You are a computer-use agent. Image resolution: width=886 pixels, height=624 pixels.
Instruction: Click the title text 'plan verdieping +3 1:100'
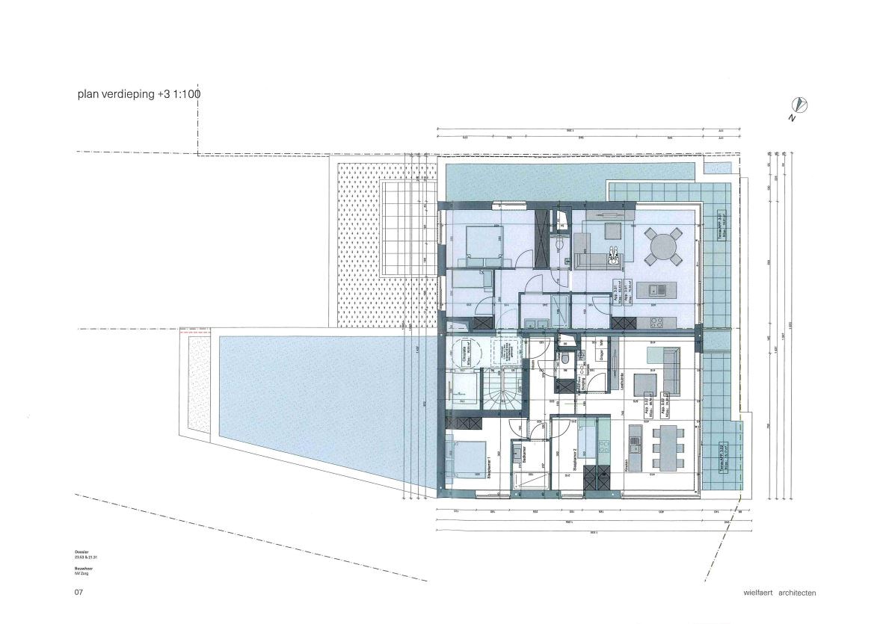(139, 95)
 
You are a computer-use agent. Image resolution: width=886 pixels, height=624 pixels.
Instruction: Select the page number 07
(78, 593)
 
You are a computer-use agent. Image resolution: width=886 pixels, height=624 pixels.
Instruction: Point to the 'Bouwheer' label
(84, 568)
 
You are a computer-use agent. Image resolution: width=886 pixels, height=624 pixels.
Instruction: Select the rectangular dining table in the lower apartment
(668, 448)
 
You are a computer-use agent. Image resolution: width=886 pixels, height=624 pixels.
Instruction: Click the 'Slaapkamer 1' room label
(489, 468)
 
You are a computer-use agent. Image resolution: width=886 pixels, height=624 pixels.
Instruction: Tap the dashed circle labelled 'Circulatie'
(466, 351)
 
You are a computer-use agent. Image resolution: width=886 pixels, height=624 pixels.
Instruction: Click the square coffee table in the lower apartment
(644, 384)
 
